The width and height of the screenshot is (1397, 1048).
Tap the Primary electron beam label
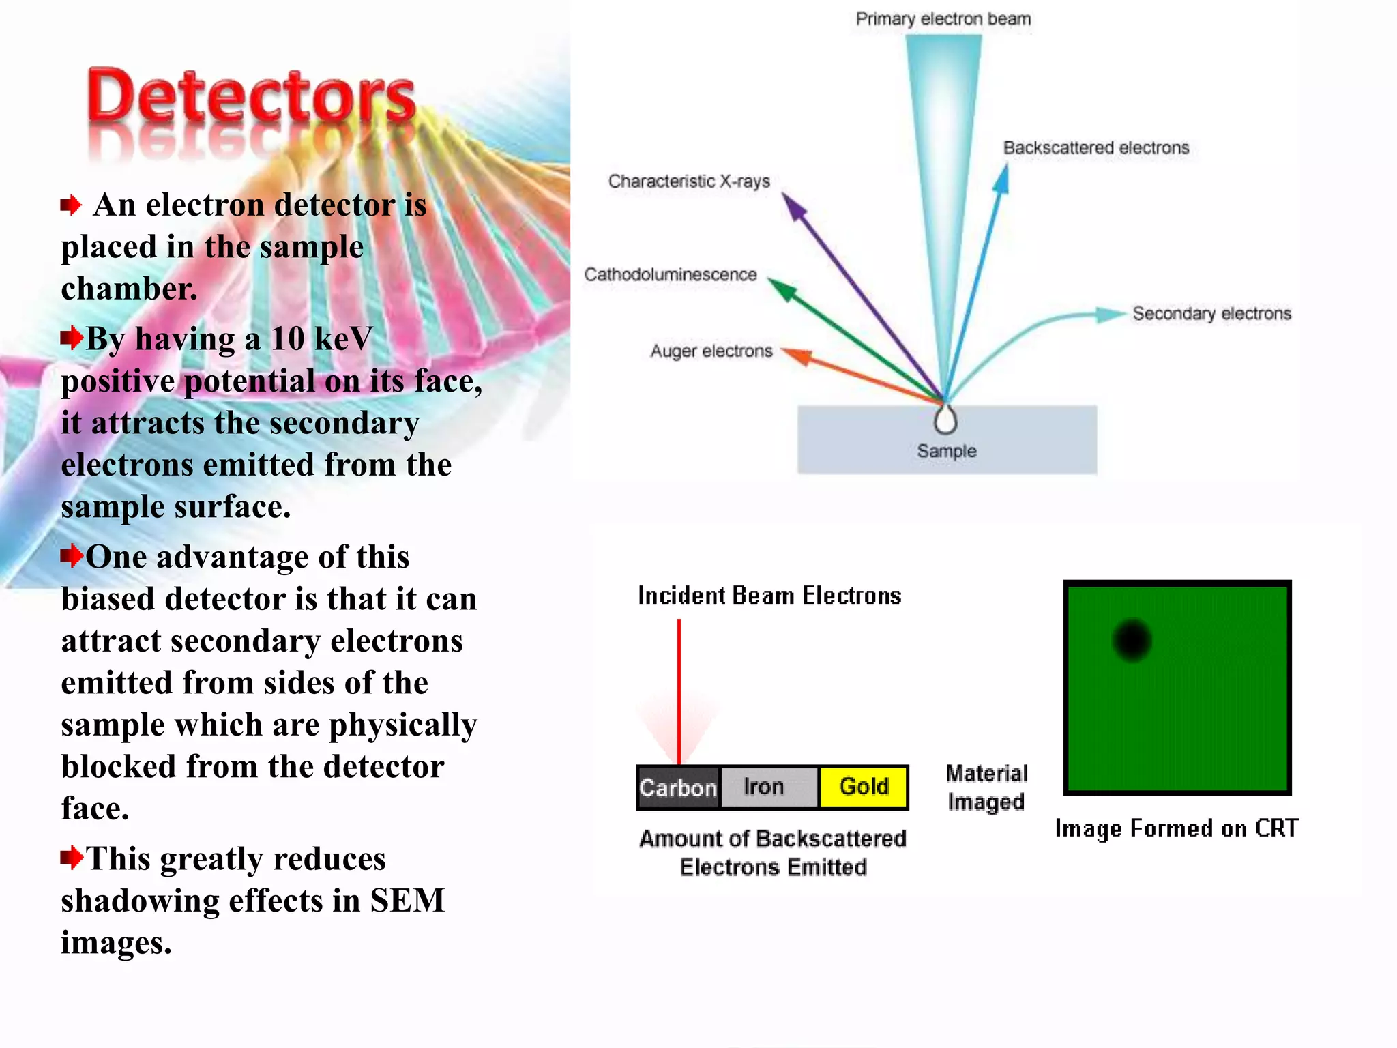943,19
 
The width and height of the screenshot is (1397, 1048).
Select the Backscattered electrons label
1095,148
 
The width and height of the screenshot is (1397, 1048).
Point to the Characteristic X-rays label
689,181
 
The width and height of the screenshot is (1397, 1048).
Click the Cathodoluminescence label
671,275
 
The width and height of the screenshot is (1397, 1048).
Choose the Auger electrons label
711,351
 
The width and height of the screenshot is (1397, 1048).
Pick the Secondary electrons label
1211,314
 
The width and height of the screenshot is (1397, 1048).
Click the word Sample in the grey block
946,451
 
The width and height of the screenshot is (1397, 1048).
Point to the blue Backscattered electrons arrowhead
1001,179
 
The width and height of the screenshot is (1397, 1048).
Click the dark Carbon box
678,788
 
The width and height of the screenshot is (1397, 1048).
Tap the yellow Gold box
864,787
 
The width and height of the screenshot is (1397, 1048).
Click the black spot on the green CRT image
1132,640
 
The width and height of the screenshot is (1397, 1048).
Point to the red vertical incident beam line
679,689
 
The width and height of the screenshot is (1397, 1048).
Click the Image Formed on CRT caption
1176,828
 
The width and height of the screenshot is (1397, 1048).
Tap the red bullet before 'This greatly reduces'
72,857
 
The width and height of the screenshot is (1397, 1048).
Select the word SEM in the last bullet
407,901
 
